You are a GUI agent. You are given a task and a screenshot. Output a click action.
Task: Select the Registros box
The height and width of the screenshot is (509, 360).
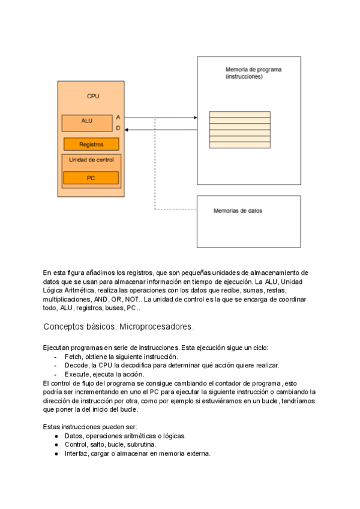91,144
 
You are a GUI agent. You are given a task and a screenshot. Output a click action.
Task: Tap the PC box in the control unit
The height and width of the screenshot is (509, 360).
91,178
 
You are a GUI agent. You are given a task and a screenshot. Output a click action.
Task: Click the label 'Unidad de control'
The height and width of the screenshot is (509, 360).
91,160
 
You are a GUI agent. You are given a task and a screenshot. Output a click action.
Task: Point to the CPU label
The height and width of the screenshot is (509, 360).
93,96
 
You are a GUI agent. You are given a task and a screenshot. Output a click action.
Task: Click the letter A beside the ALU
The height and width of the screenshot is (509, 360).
118,117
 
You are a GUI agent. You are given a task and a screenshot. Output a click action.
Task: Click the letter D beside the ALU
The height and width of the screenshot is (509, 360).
118,128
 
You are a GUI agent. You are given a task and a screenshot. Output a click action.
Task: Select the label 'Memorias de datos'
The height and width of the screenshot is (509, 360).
238,211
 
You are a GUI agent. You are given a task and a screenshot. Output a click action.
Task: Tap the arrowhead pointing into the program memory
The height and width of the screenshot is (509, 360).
194,118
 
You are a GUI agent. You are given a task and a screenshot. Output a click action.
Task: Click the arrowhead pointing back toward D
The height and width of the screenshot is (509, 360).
128,129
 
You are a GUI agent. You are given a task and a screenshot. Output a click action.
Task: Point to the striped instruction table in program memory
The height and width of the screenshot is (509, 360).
239,130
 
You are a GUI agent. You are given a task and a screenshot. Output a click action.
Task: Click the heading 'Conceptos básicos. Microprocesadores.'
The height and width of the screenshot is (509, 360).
118,327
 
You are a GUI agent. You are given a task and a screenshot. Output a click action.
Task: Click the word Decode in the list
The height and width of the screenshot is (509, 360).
76,365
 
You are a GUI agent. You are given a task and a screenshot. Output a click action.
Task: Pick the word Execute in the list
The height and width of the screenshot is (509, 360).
77,374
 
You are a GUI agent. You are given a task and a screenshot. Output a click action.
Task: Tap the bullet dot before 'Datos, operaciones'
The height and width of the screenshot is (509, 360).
56,436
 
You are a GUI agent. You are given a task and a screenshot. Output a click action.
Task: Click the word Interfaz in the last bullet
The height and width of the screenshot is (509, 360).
76,454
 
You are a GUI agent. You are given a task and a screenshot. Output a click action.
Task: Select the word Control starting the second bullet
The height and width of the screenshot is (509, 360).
76,445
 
